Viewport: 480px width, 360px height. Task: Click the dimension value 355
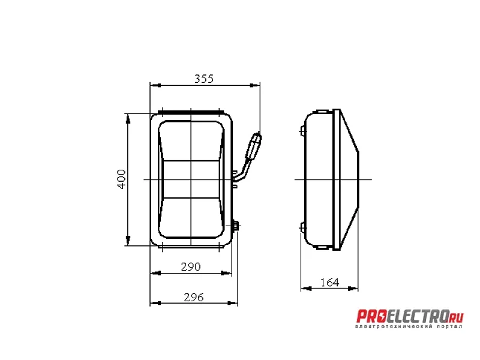(x=204, y=79)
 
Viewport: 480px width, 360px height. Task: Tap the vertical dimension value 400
(x=122, y=179)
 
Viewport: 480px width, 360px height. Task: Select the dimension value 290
(x=191, y=267)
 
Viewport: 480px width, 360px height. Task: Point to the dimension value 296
(x=193, y=297)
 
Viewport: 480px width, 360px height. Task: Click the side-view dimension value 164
(x=329, y=282)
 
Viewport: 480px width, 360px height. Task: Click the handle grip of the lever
(x=254, y=146)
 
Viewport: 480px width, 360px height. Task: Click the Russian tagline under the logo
(x=409, y=326)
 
